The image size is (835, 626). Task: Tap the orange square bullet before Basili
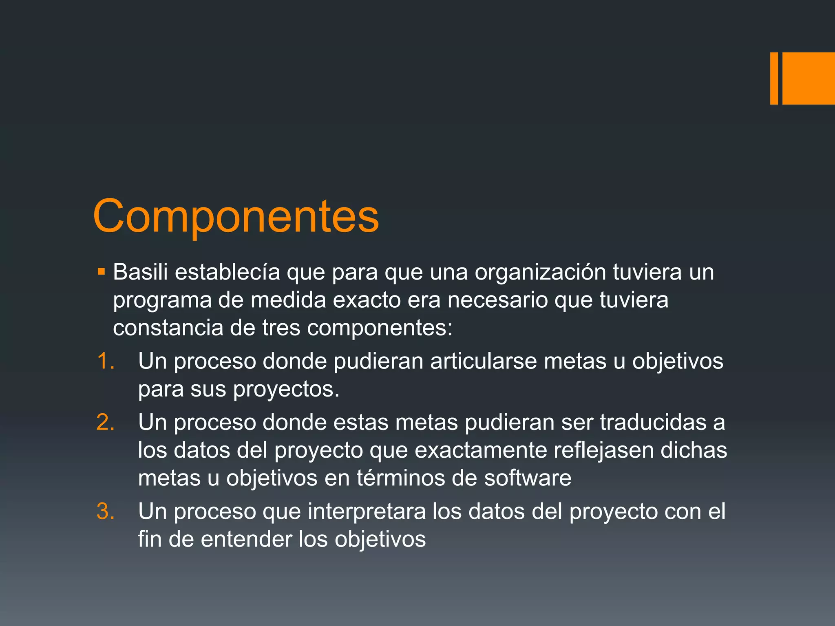[102, 271]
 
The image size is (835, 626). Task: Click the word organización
[540, 272]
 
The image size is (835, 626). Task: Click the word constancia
[168, 328]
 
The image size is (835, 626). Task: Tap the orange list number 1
[105, 361]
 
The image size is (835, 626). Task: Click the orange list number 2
[105, 422]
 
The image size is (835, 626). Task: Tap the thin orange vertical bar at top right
[774, 78]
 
